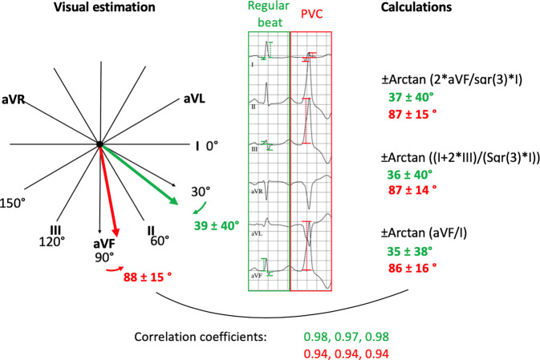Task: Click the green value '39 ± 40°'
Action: pyautogui.click(x=217, y=225)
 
